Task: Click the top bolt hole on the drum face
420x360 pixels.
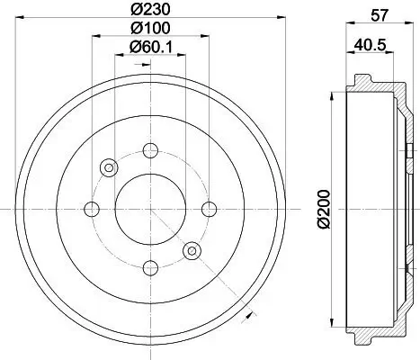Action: (150, 150)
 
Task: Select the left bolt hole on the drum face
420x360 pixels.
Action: (92, 209)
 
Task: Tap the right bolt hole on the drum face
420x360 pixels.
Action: (209, 209)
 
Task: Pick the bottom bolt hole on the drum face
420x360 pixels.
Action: (150, 267)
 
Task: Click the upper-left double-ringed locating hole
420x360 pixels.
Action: (110, 167)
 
